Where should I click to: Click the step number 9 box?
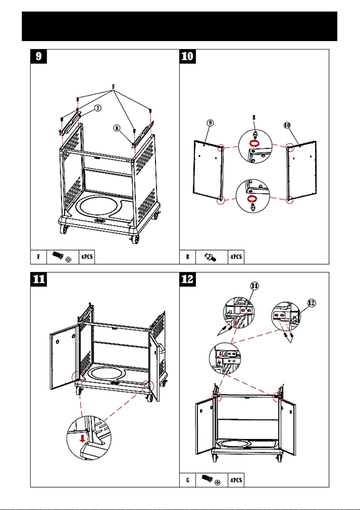click(39, 56)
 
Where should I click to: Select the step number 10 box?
click(188, 56)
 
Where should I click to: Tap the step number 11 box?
click(39, 279)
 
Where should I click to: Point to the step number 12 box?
click(188, 279)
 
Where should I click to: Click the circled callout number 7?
click(98, 108)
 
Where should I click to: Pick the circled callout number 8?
click(117, 128)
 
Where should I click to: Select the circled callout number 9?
click(210, 123)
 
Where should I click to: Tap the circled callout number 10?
click(287, 125)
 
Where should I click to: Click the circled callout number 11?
click(255, 285)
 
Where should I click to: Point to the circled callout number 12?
click(312, 303)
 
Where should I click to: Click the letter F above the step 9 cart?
click(113, 87)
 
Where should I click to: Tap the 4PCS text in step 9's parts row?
click(86, 257)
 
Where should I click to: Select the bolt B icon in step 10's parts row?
click(211, 257)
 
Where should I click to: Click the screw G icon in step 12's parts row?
click(211, 480)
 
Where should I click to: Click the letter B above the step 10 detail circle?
click(254, 118)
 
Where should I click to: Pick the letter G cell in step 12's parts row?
click(187, 480)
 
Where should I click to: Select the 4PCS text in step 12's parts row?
click(236, 480)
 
